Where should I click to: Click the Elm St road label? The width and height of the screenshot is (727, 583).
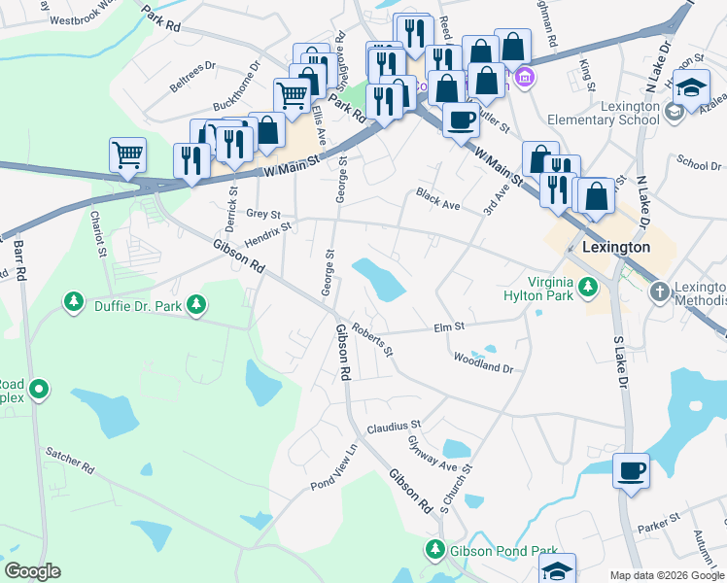coord(450,327)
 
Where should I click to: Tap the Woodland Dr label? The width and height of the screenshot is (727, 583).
coord(482,363)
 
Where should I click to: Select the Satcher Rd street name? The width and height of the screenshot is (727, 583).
coord(69,461)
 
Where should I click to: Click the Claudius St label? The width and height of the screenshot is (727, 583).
coord(393,426)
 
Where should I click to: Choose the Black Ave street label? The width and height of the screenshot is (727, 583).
coord(437,199)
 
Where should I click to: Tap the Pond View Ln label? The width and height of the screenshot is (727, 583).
coord(334,465)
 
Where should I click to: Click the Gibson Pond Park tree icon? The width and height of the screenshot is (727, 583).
coord(434,550)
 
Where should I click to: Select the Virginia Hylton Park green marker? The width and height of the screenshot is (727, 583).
coord(587,287)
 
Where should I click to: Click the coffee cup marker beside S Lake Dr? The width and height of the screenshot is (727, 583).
coord(631,471)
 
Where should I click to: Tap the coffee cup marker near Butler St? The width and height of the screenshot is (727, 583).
coord(461,120)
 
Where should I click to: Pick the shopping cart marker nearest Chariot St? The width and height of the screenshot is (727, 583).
coord(127,154)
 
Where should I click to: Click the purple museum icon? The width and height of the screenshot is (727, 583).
coord(524,77)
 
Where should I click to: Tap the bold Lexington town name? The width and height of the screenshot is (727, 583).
coord(615,248)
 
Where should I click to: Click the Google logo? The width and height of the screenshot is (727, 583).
coord(32,571)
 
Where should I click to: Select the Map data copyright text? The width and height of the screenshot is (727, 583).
coord(667,575)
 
